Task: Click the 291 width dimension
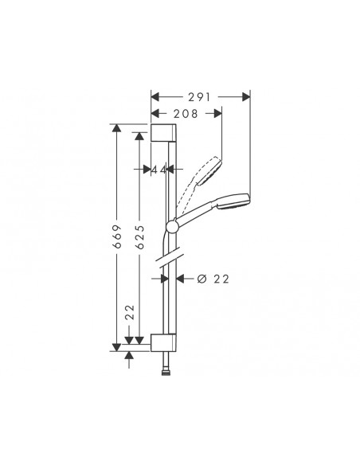click(x=201, y=96)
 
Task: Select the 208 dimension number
click(x=186, y=115)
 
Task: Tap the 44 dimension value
click(x=159, y=170)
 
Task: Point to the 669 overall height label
click(x=116, y=236)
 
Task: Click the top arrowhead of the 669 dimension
click(x=117, y=128)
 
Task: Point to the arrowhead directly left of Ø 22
click(x=179, y=278)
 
